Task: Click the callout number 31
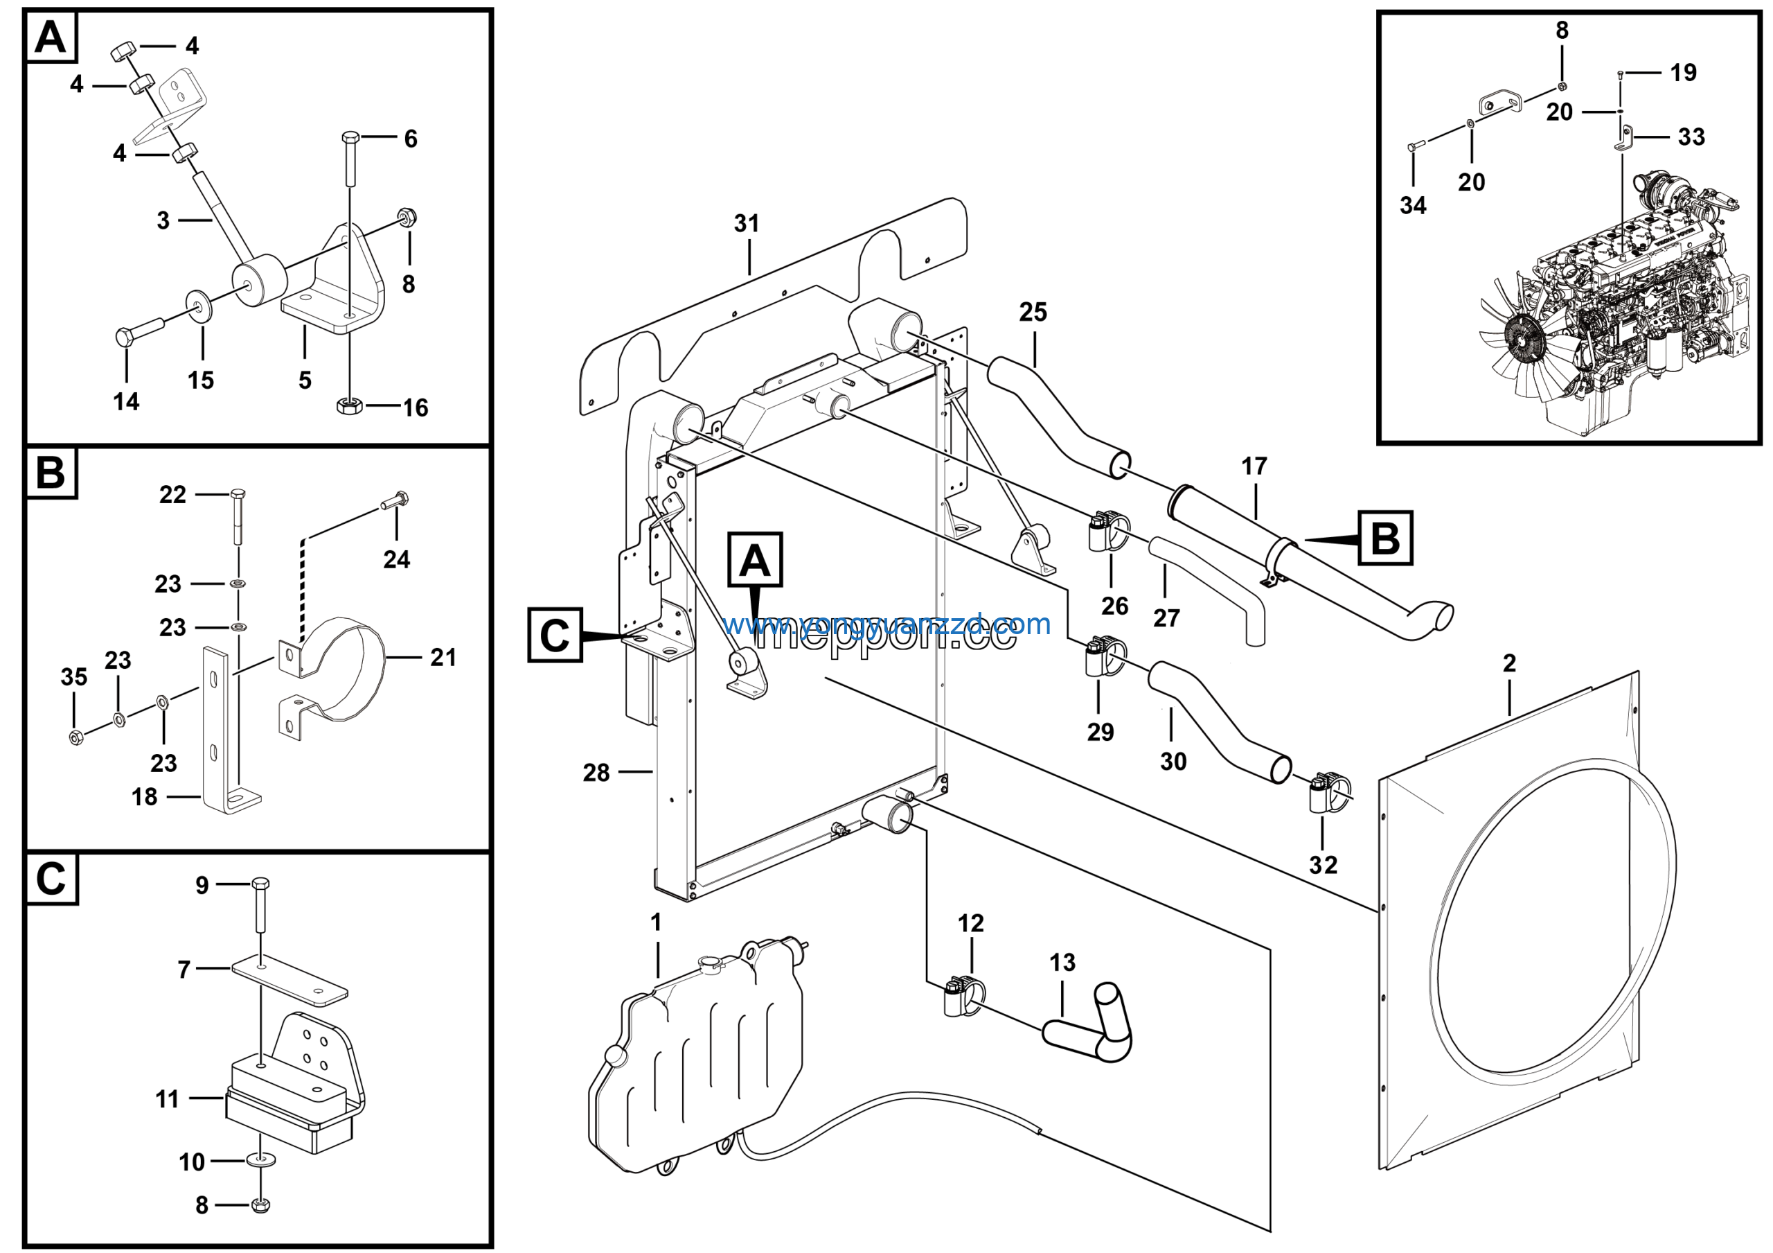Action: (x=746, y=224)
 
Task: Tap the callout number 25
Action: (x=1033, y=313)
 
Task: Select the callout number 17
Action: (x=1254, y=466)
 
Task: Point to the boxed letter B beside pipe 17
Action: (x=1384, y=538)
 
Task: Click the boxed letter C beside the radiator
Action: (x=555, y=635)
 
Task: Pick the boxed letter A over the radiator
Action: (x=754, y=560)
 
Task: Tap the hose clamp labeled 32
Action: (x=1327, y=794)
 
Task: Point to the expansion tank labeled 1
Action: (x=695, y=1066)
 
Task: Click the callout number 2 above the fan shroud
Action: (x=1509, y=663)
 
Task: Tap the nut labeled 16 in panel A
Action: (x=349, y=405)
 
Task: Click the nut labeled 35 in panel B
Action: (x=75, y=736)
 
